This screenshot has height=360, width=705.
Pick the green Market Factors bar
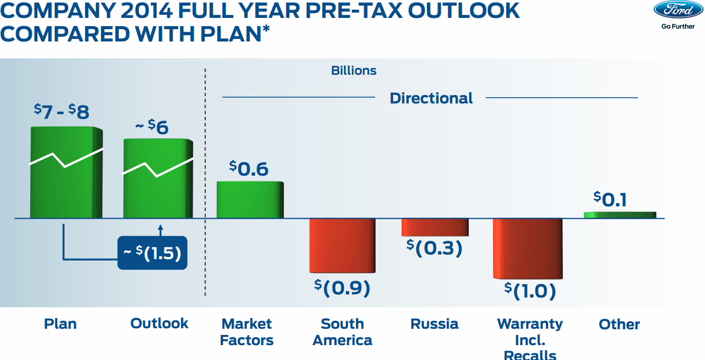pyautogui.click(x=250, y=200)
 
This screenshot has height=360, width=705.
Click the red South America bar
pyautogui.click(x=342, y=245)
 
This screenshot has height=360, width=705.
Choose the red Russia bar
pyautogui.click(x=434, y=227)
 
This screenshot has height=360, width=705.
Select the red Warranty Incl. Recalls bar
pyautogui.click(x=527, y=248)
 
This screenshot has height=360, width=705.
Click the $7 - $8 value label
pyautogui.click(x=61, y=111)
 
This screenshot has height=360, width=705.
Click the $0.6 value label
pyautogui.click(x=249, y=168)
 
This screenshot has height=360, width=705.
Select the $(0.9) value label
pyautogui.click(x=342, y=287)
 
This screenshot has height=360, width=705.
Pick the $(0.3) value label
pyautogui.click(x=434, y=247)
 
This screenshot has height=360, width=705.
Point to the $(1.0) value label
pyautogui.click(x=530, y=290)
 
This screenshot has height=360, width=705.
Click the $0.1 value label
pyautogui.click(x=610, y=199)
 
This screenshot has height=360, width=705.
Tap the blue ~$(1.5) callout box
pyautogui.click(x=152, y=252)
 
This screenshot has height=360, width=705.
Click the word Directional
pyautogui.click(x=431, y=98)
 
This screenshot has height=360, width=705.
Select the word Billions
pyautogui.click(x=354, y=71)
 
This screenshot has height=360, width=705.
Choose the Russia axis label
pyautogui.click(x=434, y=324)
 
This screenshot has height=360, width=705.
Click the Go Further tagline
pyautogui.click(x=678, y=26)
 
